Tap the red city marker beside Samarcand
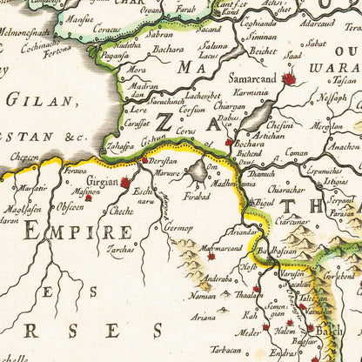pos(288,79)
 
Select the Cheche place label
pos(122,210)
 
